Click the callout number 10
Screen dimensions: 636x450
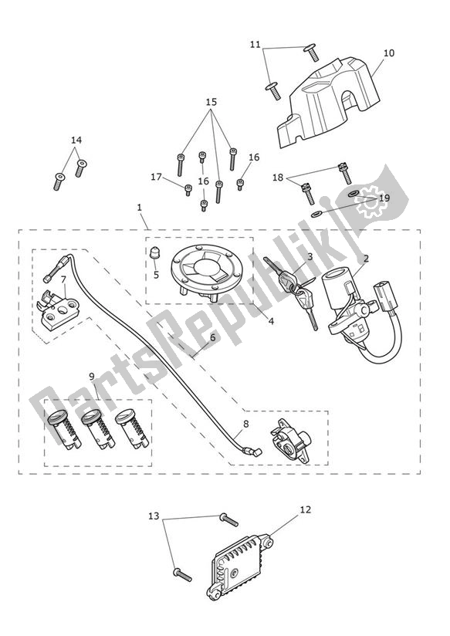[x=388, y=53]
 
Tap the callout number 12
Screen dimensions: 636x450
[x=306, y=509]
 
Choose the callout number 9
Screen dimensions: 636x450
[x=91, y=376]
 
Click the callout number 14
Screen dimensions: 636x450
[x=76, y=140]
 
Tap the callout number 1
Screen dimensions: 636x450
[x=139, y=207]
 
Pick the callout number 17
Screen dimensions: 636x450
[x=156, y=177]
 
